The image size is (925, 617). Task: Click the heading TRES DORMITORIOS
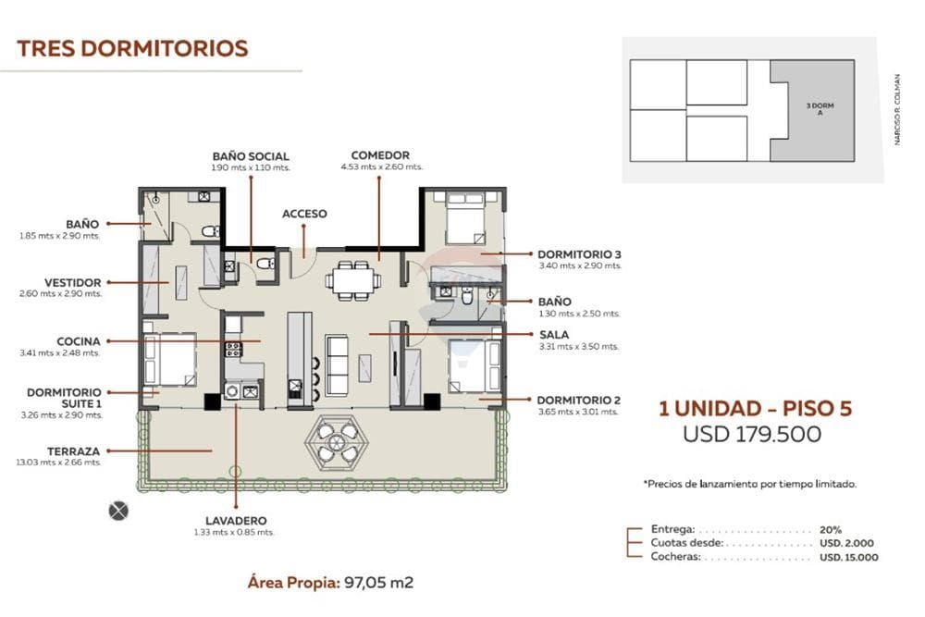[x=132, y=48]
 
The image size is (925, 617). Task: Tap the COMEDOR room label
[x=380, y=155]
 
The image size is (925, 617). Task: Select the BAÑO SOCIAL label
[x=251, y=156]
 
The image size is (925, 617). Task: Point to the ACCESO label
[x=304, y=214]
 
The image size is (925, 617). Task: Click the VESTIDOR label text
[x=72, y=282]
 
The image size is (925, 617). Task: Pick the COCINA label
[x=79, y=341]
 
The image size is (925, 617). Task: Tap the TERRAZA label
[x=74, y=451]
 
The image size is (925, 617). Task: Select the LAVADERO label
[x=236, y=521]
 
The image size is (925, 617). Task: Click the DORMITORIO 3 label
[x=579, y=254]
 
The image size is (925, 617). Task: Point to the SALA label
[x=554, y=335]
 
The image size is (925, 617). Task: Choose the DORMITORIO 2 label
[x=579, y=400]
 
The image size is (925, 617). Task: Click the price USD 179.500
[x=751, y=434]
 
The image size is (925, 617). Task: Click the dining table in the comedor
[x=352, y=281]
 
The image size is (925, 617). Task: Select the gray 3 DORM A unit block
[x=812, y=110]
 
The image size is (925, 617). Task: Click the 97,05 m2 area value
[x=378, y=583]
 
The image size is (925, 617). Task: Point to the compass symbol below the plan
[x=118, y=511]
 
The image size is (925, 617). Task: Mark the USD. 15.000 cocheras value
[x=848, y=558]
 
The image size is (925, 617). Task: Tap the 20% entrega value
[x=830, y=530]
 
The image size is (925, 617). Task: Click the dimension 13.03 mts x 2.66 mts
[x=58, y=463]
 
